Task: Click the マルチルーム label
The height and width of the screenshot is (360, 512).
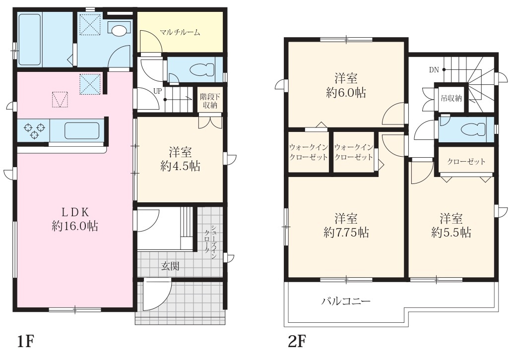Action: [180, 32]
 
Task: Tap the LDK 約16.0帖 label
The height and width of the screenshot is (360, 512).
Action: [75, 219]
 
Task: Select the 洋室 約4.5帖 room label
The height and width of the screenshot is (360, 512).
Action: [180, 159]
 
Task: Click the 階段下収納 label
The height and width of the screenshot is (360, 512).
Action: [210, 101]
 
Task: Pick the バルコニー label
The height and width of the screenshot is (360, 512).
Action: [346, 301]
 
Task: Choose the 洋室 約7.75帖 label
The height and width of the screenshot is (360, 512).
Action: [346, 225]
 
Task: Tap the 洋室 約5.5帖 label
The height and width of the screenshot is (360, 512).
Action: [451, 225]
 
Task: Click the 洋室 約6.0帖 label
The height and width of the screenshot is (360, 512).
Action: [346, 85]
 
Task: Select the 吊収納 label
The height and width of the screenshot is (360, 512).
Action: [451, 98]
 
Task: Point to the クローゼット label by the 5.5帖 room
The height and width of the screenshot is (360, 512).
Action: [466, 161]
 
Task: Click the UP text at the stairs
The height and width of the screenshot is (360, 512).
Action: [157, 91]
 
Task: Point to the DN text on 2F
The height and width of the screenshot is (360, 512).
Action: [434, 69]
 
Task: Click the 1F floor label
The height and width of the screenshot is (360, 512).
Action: [25, 342]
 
